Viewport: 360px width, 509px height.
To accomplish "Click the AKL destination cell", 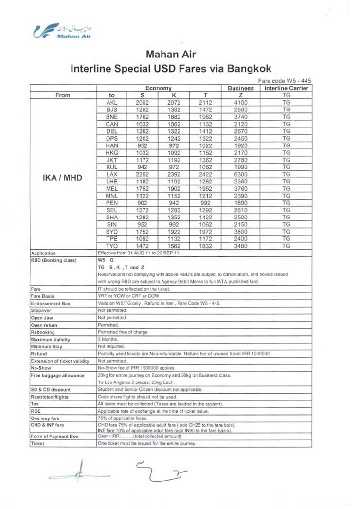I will coord(112,103).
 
